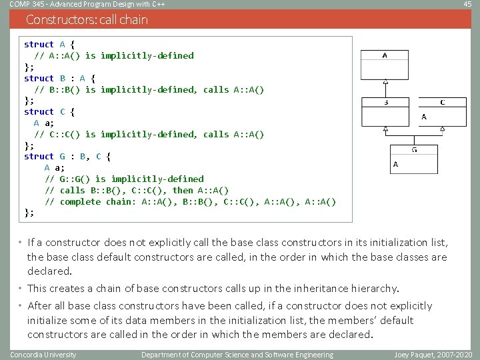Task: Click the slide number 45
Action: [x=467, y=5]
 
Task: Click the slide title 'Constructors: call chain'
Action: [x=87, y=20]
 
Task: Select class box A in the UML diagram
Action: [x=385, y=65]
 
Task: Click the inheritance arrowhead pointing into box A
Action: [x=385, y=83]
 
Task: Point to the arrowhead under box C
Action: [x=442, y=129]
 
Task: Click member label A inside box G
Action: [x=396, y=164]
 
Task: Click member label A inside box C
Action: [x=424, y=117]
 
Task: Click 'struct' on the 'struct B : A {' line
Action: [x=39, y=78]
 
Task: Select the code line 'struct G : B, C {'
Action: [x=67, y=157]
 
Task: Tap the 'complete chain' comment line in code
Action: [x=191, y=202]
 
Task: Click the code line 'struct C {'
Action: [x=49, y=112]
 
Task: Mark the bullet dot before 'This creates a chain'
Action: [x=21, y=289]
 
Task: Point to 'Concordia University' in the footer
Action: [x=43, y=355]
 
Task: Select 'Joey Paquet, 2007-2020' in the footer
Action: [x=433, y=355]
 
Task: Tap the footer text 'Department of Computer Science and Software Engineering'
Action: [x=237, y=355]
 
